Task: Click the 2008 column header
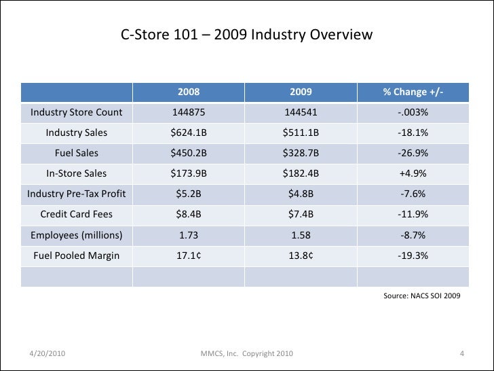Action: click(x=189, y=92)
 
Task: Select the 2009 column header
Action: click(x=301, y=92)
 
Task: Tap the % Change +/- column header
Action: click(x=413, y=92)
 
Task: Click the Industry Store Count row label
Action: click(x=76, y=112)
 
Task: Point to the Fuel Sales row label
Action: click(x=76, y=153)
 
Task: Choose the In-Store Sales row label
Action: click(x=76, y=173)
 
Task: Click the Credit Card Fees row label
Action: click(x=76, y=214)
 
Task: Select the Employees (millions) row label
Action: click(x=76, y=235)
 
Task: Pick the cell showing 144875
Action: click(x=189, y=112)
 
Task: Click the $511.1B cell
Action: click(x=301, y=132)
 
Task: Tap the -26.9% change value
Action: click(x=413, y=153)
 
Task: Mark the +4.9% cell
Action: click(x=413, y=173)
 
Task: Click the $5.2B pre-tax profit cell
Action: click(x=189, y=194)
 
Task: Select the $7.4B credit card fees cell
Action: click(x=301, y=214)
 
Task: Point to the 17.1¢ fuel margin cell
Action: click(x=189, y=255)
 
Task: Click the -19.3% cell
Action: click(x=413, y=255)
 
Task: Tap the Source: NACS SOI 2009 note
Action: click(x=422, y=296)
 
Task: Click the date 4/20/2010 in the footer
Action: click(x=47, y=353)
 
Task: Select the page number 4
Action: click(x=462, y=353)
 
